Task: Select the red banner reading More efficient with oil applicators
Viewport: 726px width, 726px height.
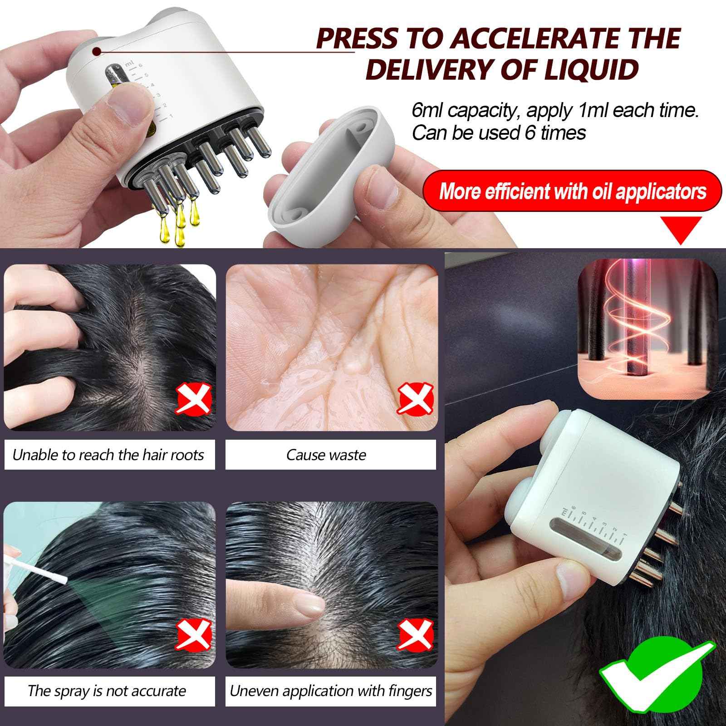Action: [572, 191]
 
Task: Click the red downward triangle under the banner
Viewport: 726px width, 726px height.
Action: [680, 229]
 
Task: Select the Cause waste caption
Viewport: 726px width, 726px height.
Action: [326, 455]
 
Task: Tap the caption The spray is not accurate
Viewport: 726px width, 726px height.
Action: [107, 691]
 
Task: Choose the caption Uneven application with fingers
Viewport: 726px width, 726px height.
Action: [331, 691]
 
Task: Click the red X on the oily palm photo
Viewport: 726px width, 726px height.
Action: [415, 399]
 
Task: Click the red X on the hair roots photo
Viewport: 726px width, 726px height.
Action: [194, 399]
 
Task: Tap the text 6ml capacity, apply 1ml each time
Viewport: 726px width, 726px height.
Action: [555, 110]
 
